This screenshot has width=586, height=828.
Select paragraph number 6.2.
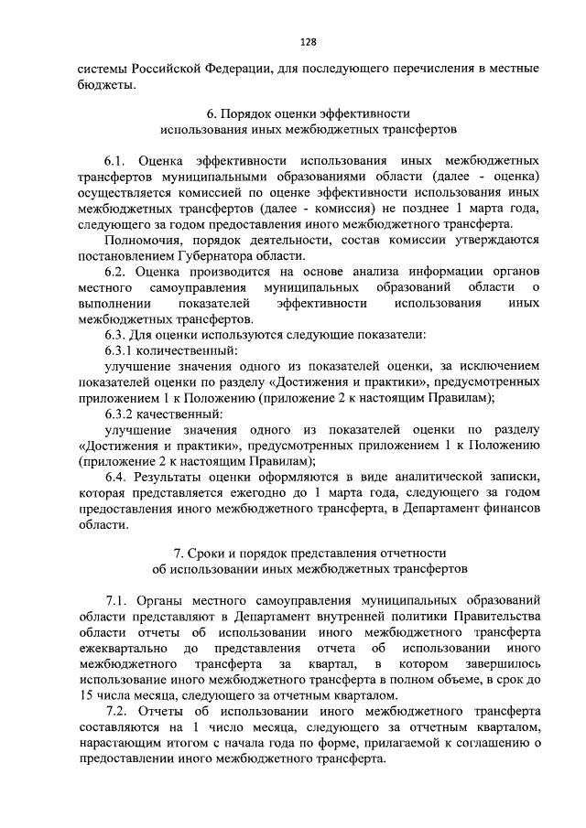click(x=119, y=272)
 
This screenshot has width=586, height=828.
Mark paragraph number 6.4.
click(x=119, y=479)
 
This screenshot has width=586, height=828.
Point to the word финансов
click(x=504, y=511)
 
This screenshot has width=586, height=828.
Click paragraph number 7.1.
click(x=119, y=599)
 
